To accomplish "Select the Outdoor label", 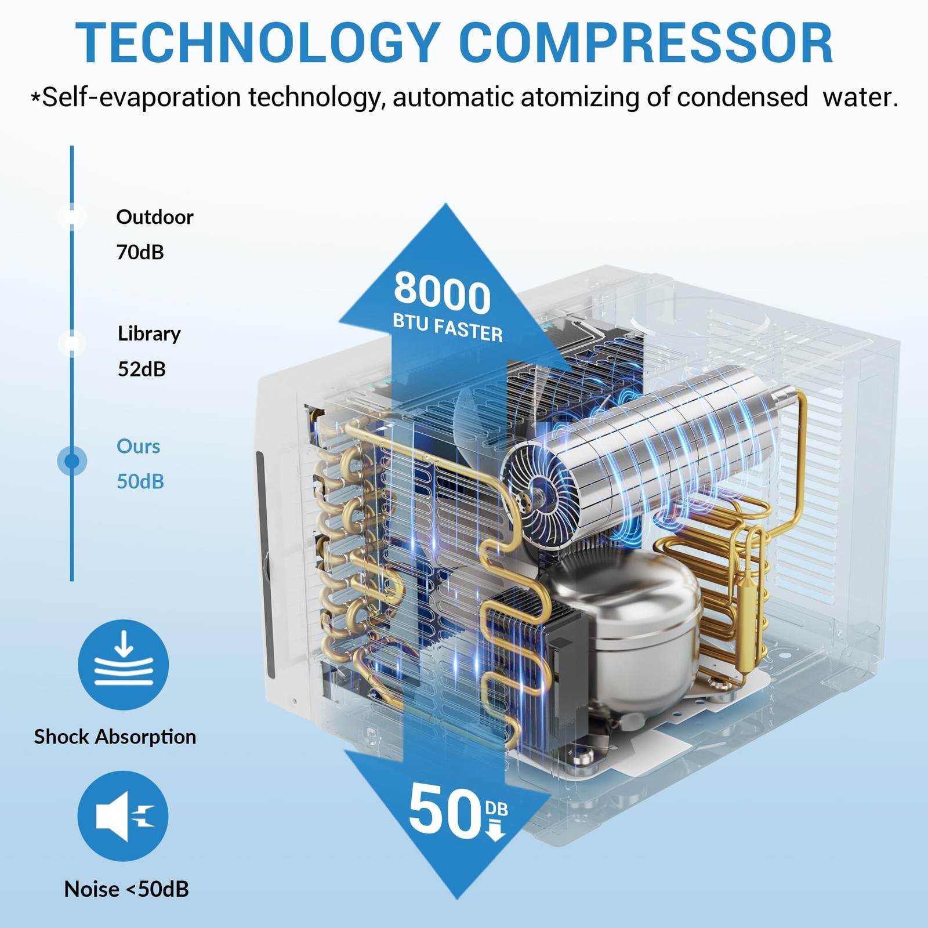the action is click(x=155, y=217).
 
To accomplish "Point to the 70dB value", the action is click(x=140, y=252).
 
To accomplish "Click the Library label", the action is click(x=149, y=334).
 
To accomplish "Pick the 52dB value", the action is click(x=142, y=369).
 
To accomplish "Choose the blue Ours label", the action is click(x=139, y=446).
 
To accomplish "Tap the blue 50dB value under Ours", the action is click(x=140, y=481).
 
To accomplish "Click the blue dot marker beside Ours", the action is click(x=72, y=461).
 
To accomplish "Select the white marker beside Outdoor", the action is click(x=72, y=217).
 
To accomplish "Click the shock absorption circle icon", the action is click(x=124, y=665).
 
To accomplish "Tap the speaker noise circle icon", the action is click(x=123, y=816).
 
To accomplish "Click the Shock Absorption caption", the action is click(x=115, y=737).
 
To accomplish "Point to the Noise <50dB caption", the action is click(x=126, y=889).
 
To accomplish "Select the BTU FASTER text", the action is click(x=448, y=328).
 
